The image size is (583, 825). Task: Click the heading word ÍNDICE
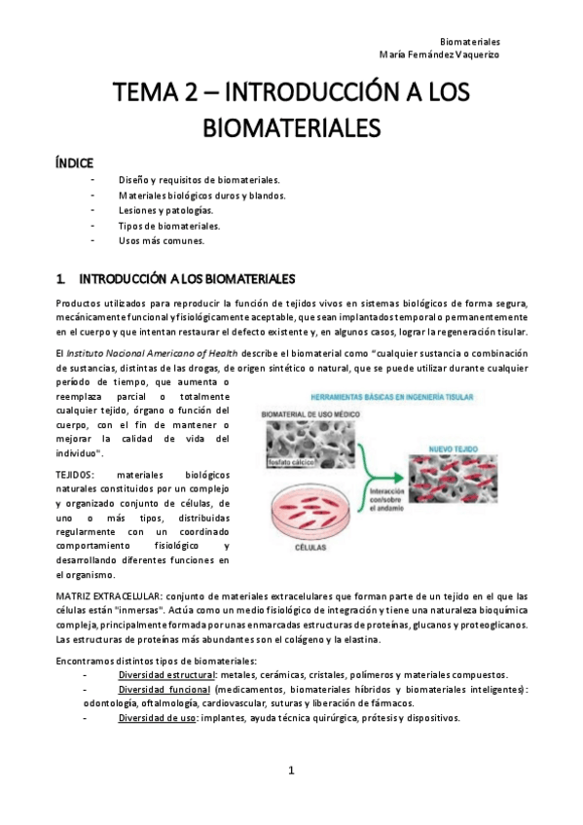(75, 161)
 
